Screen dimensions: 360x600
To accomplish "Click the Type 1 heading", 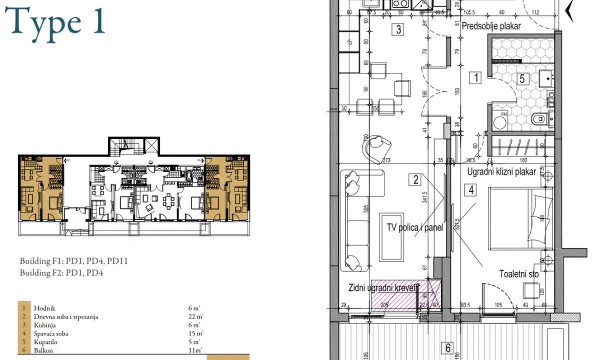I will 58,22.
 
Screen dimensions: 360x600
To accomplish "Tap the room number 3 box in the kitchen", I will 398,29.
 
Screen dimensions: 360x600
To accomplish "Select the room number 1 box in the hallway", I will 475,77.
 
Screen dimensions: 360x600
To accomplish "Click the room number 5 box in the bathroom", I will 522,78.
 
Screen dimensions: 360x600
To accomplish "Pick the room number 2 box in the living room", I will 415,179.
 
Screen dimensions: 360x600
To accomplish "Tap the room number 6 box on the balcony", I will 448,348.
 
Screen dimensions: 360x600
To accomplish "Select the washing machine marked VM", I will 499,120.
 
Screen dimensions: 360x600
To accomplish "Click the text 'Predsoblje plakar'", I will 491,26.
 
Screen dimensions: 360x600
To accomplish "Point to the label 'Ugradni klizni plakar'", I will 501,172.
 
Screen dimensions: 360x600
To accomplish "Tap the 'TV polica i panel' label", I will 415,227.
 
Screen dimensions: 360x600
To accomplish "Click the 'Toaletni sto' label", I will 519,274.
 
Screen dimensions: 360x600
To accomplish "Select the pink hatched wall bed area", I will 405,295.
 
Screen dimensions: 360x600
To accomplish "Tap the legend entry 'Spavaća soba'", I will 51,333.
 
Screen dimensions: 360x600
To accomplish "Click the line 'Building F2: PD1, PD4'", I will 61,273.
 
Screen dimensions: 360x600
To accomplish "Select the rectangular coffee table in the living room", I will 392,236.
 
